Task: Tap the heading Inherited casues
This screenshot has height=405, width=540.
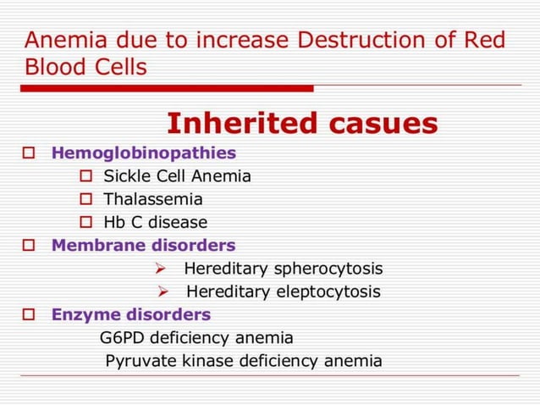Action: [302, 124]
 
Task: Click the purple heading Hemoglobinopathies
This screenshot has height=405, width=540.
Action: [144, 153]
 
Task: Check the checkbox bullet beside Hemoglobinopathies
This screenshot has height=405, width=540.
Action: [29, 154]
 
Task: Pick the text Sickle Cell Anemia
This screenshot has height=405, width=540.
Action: [177, 176]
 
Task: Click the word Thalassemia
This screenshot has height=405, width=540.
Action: [152, 200]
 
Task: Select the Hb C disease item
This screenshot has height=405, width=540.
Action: [155, 223]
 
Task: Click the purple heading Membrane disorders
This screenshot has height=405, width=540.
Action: [143, 246]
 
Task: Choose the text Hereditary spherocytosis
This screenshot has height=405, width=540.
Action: [283, 269]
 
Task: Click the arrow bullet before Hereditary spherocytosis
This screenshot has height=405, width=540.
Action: [161, 269]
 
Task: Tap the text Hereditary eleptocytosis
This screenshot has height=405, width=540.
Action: [283, 292]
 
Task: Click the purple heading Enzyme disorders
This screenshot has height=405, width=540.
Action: [130, 314]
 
